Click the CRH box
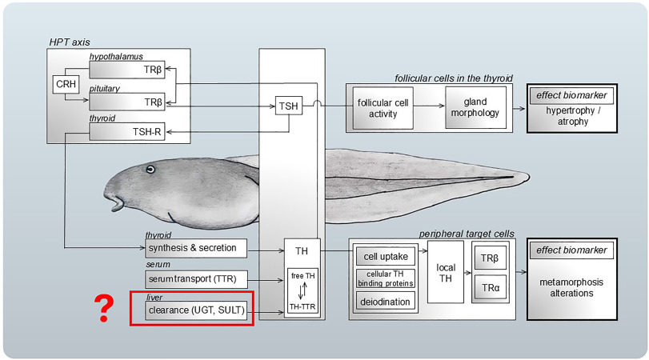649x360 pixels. tap(65, 84)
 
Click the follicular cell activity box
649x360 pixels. tap(385, 108)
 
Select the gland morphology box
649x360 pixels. tap(475, 107)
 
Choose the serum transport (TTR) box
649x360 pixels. tap(197, 278)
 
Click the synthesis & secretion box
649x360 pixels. tap(196, 248)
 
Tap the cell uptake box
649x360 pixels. tap(387, 256)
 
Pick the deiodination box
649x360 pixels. tap(387, 302)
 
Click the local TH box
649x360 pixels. tap(445, 272)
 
